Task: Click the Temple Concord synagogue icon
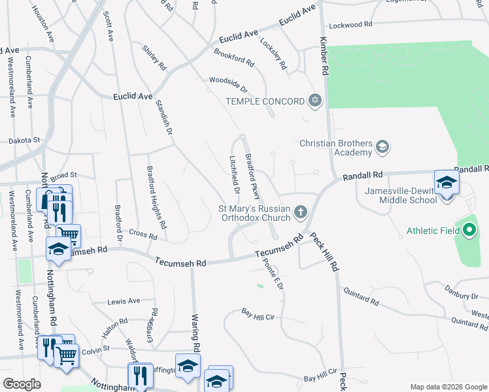coord(316,101)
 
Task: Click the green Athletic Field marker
coord(469,230)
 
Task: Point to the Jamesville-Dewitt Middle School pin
coord(447,183)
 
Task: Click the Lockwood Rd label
coord(351,25)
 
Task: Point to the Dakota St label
coord(25,140)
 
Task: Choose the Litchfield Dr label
coord(235,174)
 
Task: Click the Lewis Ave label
coord(124,301)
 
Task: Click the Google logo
coord(22,384)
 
